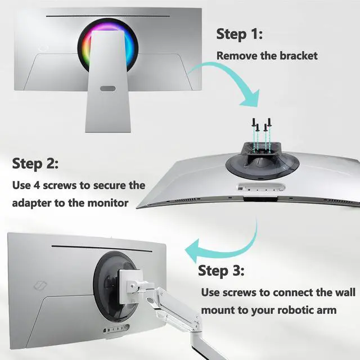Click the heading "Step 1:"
pyautogui.click(x=239, y=34)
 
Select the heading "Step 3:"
pyautogui.click(x=221, y=271)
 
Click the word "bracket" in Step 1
pyautogui.click(x=299, y=56)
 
